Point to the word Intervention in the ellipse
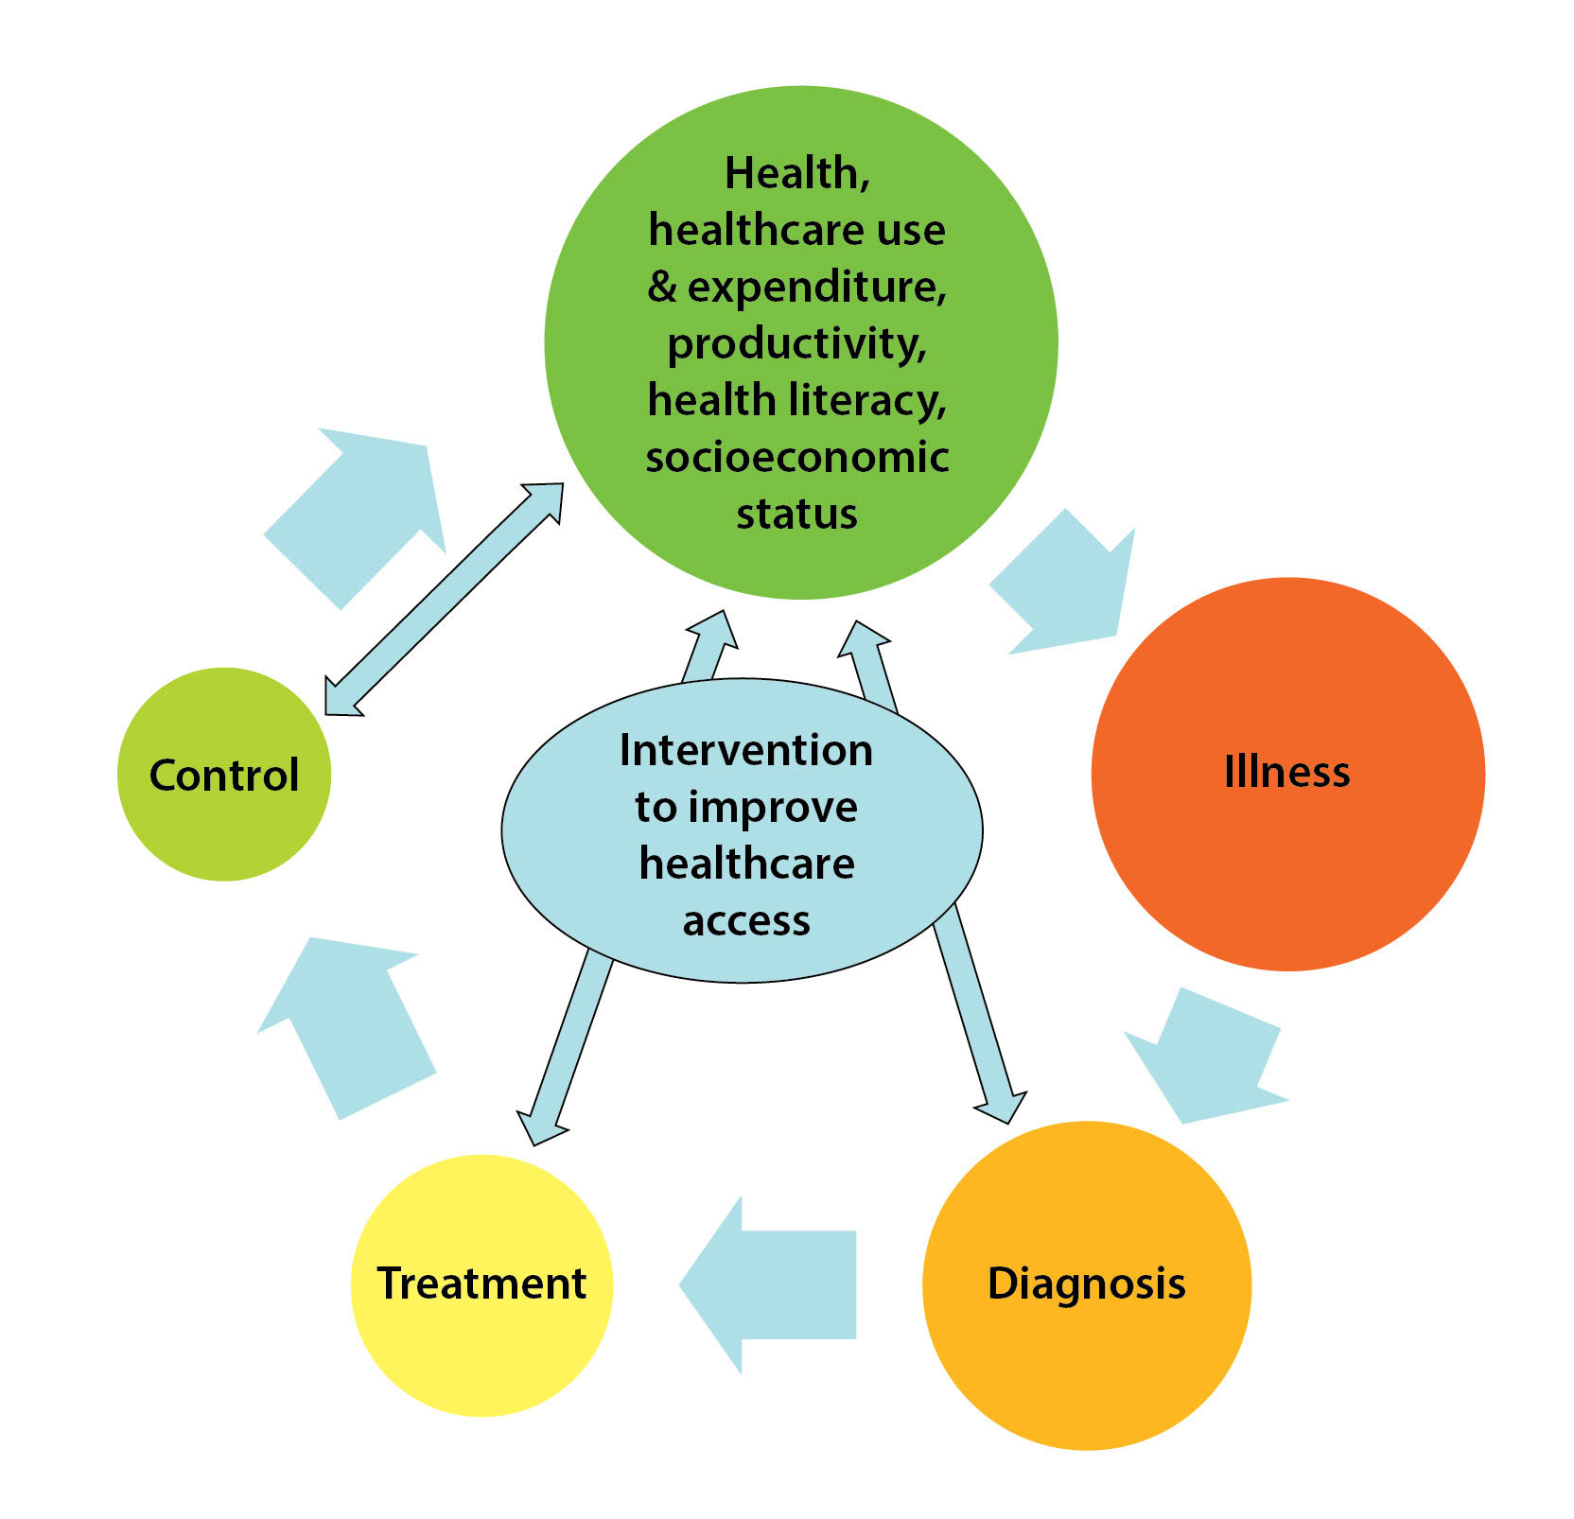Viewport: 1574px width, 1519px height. point(745,751)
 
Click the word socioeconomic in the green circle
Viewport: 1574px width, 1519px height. point(797,458)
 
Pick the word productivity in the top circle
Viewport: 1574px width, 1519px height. point(796,344)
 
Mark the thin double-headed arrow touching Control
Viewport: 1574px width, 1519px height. point(443,600)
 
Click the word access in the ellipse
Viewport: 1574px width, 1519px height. point(746,921)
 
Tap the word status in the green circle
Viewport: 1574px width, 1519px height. point(796,515)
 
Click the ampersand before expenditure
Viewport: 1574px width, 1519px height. point(662,288)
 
